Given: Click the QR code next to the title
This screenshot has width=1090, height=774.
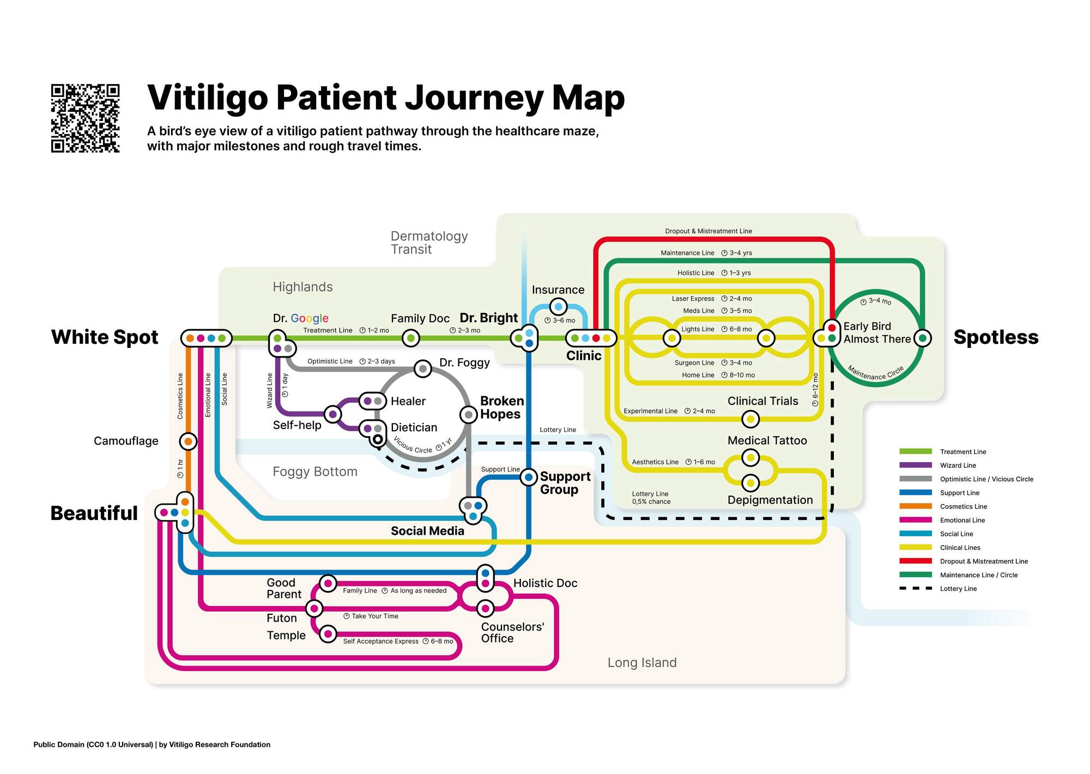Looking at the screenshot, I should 85,118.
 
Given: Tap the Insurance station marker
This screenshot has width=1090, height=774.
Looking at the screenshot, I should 558,307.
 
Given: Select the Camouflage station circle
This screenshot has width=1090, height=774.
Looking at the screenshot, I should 188,441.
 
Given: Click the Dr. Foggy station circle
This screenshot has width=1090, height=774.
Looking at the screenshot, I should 422,369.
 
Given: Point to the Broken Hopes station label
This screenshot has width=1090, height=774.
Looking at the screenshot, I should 501,408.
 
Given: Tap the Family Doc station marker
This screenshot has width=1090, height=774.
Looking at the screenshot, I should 410,338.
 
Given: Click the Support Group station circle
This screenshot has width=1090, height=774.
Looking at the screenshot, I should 528,477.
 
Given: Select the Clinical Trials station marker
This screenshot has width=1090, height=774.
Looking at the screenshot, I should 750,419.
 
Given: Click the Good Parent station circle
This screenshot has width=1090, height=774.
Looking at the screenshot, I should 328,583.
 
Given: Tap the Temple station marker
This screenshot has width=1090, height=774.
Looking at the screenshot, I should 328,634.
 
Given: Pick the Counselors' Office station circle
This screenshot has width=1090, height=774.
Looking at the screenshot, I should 485,608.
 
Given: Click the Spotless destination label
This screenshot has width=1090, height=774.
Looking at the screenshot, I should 996,337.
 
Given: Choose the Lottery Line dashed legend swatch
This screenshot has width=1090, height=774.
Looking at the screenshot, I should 915,589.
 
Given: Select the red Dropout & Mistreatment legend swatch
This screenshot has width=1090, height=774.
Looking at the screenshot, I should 915,561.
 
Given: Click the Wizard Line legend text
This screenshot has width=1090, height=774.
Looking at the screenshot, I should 958,465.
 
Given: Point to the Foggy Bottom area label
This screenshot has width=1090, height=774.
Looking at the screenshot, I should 315,471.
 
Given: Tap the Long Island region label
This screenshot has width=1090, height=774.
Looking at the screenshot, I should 642,663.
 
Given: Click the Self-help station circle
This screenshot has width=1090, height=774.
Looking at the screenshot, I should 332,414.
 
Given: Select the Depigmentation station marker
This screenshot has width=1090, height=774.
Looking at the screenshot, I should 750,483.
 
